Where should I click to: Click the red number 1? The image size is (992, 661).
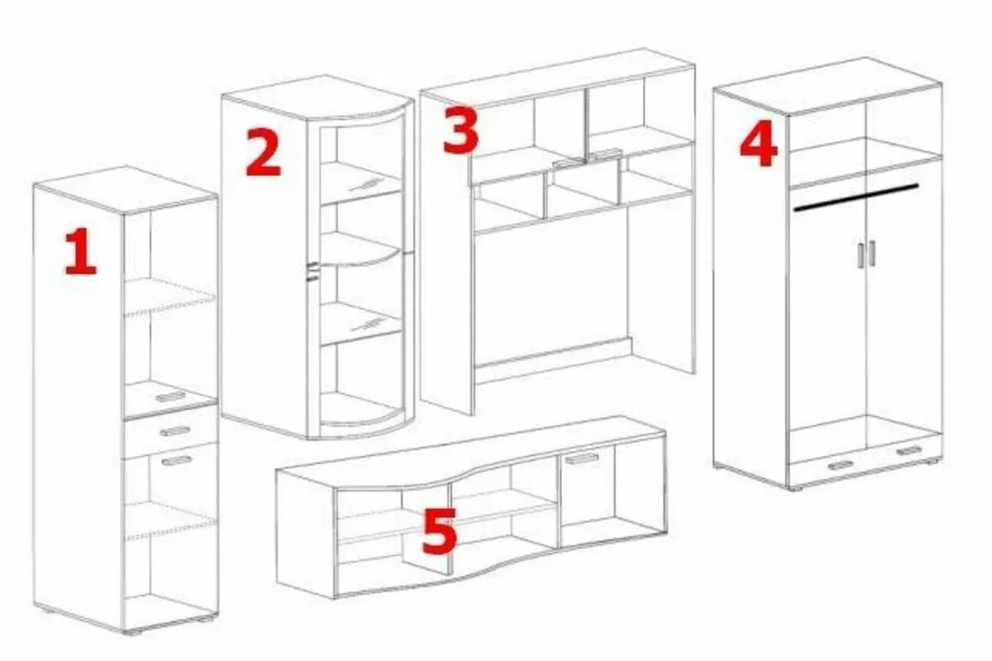[x=80, y=252]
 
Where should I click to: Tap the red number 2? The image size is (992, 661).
[x=263, y=155]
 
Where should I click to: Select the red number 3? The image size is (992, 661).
[x=460, y=131]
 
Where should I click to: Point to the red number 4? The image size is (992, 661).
[x=757, y=145]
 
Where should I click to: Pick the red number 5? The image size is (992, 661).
[x=439, y=532]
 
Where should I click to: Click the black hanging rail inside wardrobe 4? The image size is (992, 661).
[x=856, y=197]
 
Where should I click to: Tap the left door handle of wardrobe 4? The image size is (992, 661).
[x=861, y=254]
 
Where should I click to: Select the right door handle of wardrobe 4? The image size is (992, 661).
[x=872, y=253]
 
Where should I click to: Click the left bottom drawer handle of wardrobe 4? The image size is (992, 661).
[x=839, y=465]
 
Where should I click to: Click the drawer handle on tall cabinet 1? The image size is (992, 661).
[x=176, y=430]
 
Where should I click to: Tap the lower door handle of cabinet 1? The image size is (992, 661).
[x=176, y=459]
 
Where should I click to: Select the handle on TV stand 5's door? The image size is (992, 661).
[x=582, y=459]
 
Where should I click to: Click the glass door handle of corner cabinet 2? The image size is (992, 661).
[x=312, y=271]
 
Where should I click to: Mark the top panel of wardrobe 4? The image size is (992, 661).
[x=827, y=85]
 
